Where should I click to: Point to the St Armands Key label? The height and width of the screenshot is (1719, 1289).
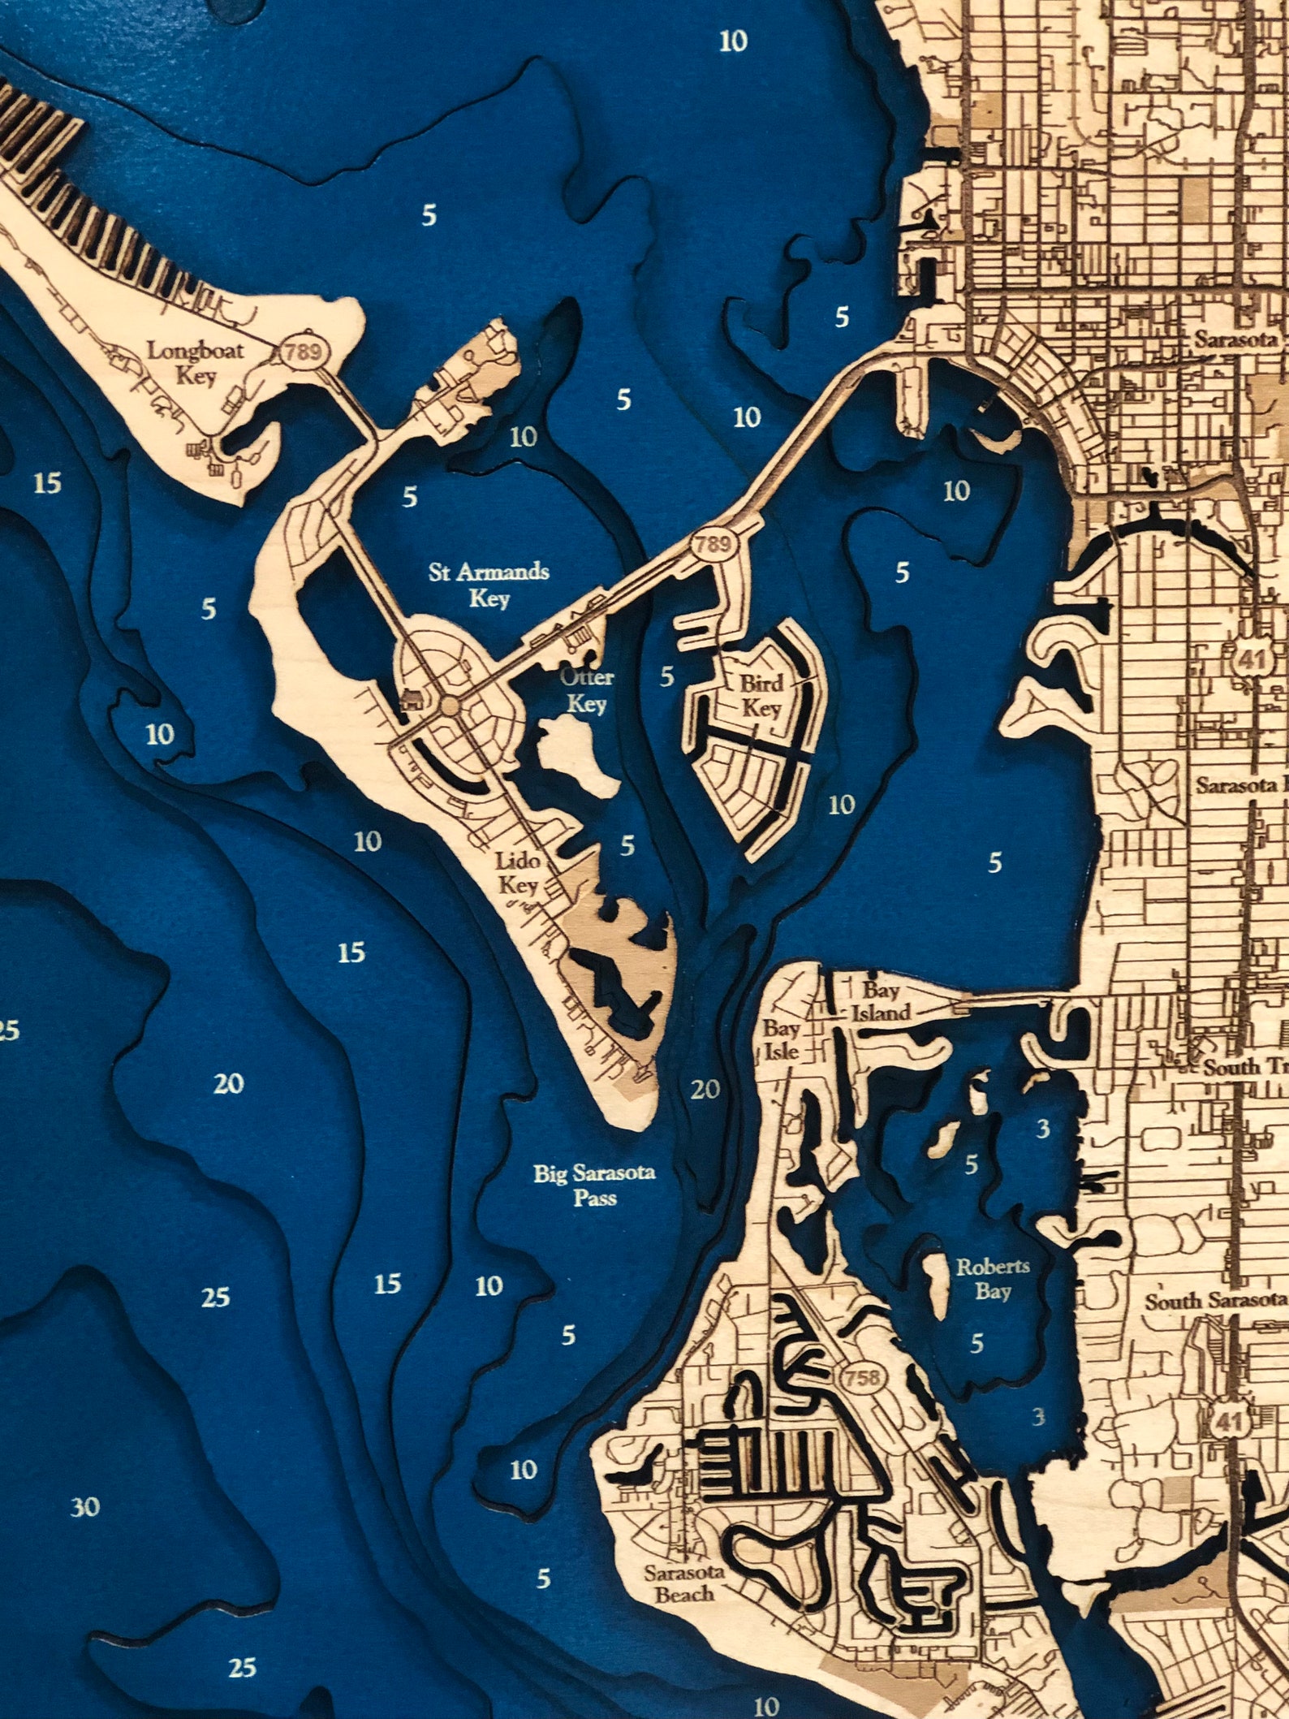(x=489, y=585)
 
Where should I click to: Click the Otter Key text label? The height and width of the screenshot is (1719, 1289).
(x=586, y=689)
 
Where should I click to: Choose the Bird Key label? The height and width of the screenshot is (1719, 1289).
(x=761, y=694)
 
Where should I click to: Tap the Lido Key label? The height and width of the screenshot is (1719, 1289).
(x=519, y=872)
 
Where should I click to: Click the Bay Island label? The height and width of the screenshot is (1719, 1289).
(x=881, y=1000)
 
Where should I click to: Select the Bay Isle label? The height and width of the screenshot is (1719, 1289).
(x=781, y=1039)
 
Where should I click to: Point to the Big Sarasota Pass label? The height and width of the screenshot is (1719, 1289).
(x=594, y=1185)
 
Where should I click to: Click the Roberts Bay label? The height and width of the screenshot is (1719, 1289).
(x=993, y=1278)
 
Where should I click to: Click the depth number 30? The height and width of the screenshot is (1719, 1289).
(x=85, y=1508)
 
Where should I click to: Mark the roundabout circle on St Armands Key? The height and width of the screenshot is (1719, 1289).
(x=449, y=707)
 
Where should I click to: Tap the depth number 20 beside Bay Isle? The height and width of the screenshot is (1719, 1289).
(x=705, y=1089)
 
